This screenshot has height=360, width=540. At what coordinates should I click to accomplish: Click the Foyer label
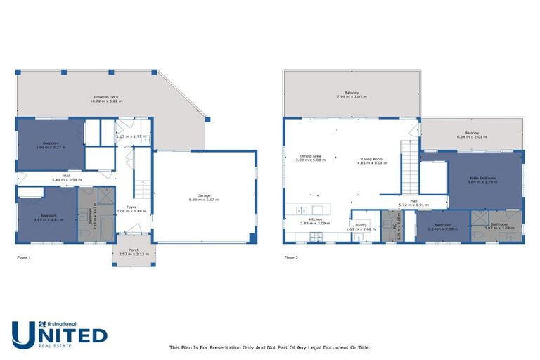coord(131,208)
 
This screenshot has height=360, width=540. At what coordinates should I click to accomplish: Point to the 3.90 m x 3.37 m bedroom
coord(50,145)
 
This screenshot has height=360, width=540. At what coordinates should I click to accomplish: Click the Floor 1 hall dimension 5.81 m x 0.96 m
coord(67,179)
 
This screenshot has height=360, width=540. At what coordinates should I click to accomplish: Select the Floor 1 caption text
coord(24,258)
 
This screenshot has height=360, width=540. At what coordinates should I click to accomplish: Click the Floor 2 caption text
coord(291,258)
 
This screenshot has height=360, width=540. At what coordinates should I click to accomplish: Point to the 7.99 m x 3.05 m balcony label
coord(352,95)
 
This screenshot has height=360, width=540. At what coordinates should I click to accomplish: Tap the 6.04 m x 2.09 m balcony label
coord(471,134)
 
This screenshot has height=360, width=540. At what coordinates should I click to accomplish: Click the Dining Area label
coord(310,158)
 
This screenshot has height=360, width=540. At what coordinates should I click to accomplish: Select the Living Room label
coord(372,158)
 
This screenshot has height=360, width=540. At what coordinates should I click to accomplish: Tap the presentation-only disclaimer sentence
coord(270,347)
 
